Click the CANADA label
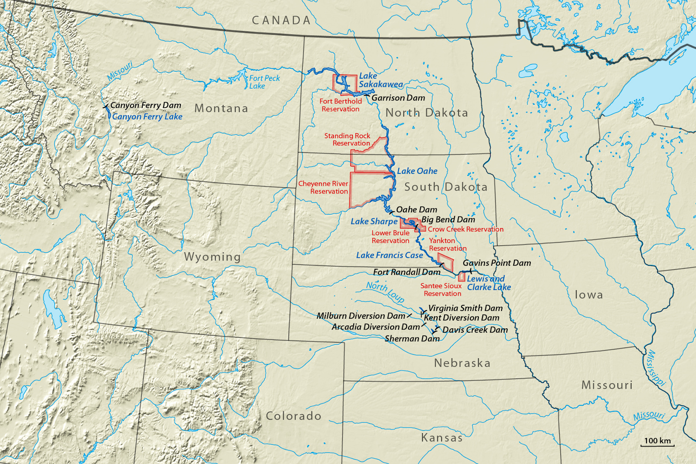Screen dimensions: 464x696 click(x=281, y=20)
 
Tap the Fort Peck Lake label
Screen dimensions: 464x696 click(x=264, y=82)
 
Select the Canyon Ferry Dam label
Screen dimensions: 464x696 click(x=145, y=105)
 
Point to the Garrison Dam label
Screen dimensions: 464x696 click(x=398, y=98)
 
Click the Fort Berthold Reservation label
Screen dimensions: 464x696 click(x=341, y=105)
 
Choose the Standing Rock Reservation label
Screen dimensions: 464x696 click(x=347, y=140)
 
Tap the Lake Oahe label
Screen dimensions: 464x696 click(x=417, y=171)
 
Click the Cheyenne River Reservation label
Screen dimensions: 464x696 click(x=323, y=187)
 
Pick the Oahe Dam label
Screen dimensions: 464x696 click(x=416, y=210)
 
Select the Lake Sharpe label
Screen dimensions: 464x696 click(x=374, y=221)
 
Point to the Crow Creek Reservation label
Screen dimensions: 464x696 click(x=465, y=229)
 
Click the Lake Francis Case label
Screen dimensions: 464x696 click(x=389, y=255)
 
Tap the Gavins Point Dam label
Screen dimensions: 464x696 click(x=497, y=263)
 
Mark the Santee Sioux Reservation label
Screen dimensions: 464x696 click(x=441, y=290)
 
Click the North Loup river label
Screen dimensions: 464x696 click(x=385, y=292)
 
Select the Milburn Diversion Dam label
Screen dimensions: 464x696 click(x=361, y=316)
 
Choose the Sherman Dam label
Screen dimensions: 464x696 click(x=412, y=338)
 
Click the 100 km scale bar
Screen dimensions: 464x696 click(x=657, y=442)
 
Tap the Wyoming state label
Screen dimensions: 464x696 click(x=212, y=257)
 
